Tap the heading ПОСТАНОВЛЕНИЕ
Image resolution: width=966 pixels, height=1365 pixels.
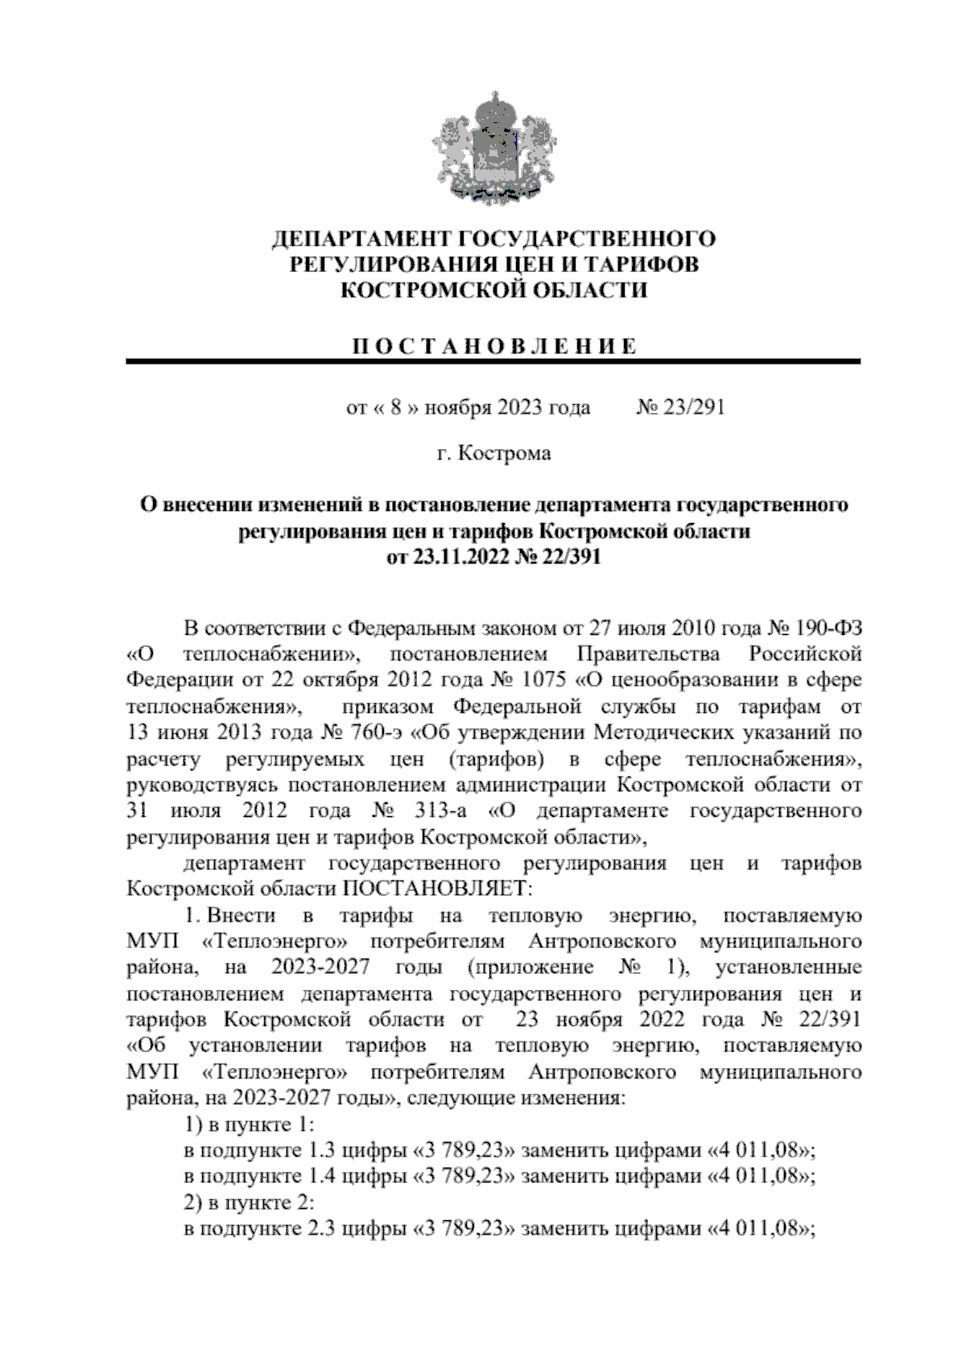click(493, 347)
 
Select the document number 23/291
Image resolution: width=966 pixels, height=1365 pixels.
click(692, 407)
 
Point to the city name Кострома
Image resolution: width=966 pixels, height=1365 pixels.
click(505, 453)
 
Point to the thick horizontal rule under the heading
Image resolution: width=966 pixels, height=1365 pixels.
click(493, 362)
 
